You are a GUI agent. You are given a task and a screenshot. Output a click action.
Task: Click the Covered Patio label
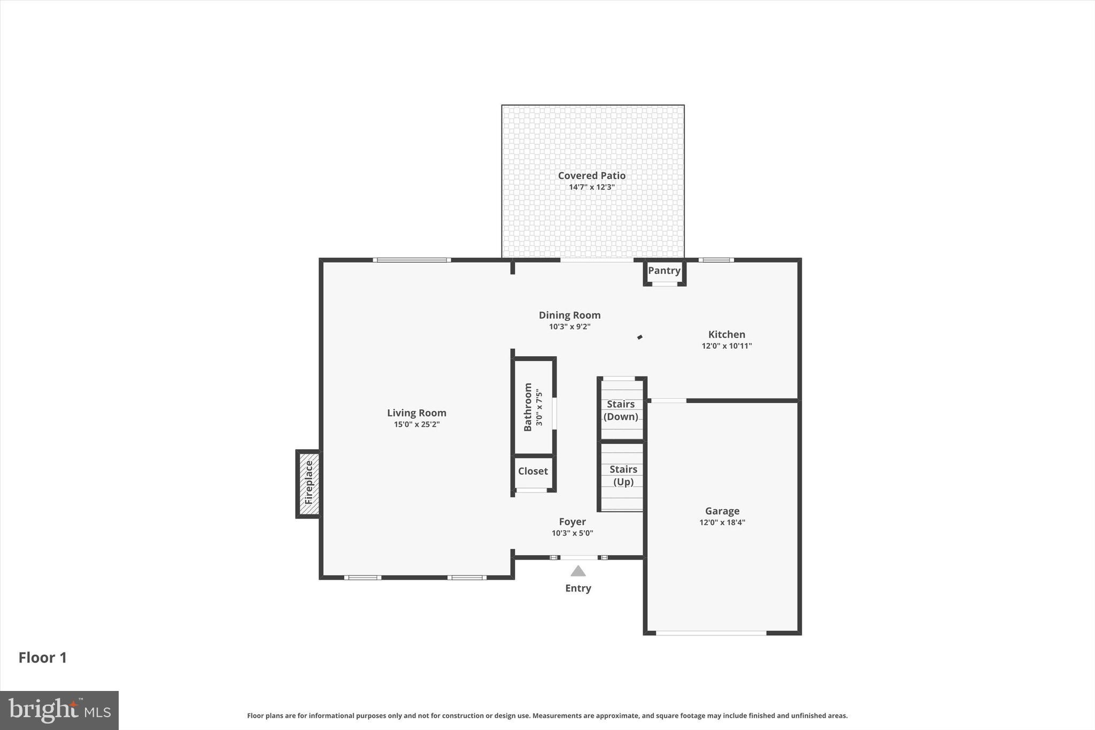[591, 175]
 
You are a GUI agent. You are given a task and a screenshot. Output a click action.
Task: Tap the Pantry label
[664, 271]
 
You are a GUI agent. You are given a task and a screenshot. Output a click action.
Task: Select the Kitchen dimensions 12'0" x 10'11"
[727, 346]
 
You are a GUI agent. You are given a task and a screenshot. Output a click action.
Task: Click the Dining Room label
[569, 315]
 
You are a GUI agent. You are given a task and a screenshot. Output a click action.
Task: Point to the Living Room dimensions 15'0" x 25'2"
[417, 425]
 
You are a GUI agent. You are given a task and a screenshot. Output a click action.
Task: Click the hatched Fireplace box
[309, 483]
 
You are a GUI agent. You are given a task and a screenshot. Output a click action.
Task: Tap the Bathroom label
[528, 407]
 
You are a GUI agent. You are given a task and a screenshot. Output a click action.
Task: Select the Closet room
[533, 471]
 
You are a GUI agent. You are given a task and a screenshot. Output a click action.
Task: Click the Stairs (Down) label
[621, 410]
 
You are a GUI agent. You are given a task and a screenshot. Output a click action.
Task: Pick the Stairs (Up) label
[623, 475]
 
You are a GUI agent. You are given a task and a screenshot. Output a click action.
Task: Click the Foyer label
[572, 521]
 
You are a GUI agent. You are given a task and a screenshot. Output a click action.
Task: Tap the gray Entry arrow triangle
[578, 572]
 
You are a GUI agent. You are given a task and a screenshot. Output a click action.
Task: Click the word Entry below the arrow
[578, 588]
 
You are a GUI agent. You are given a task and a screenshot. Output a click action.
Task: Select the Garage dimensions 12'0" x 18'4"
[722, 522]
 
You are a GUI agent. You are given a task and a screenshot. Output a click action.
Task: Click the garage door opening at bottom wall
[711, 633]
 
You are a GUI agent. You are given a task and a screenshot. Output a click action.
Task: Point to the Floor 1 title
[43, 658]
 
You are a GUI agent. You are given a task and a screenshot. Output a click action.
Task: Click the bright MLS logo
[59, 710]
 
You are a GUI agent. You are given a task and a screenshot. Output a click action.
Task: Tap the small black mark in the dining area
[639, 337]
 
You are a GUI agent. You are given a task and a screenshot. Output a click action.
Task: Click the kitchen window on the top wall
[716, 260]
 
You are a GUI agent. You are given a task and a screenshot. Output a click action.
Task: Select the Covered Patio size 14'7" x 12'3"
[591, 187]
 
